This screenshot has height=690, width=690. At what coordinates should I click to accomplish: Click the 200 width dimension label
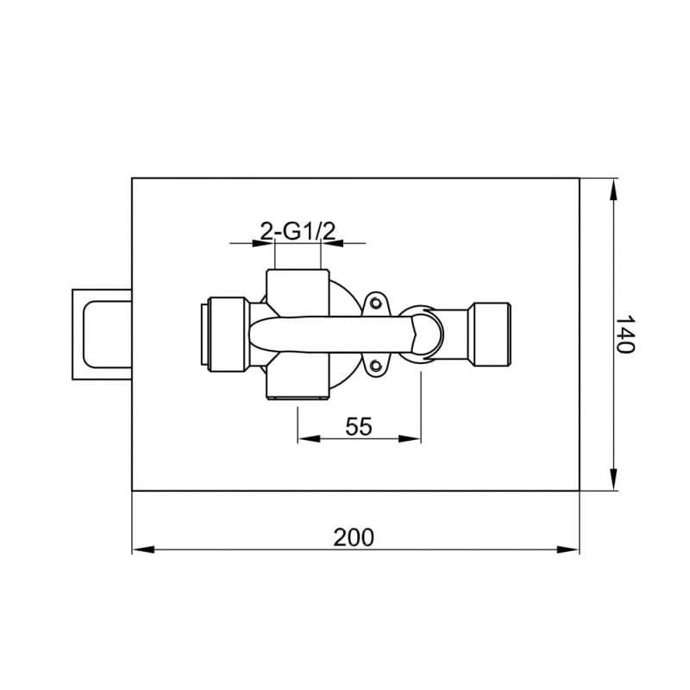354,537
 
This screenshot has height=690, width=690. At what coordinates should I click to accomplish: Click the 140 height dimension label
624,334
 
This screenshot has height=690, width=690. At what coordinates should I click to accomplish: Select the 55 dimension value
359,426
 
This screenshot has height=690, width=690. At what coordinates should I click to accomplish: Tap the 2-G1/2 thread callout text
298,231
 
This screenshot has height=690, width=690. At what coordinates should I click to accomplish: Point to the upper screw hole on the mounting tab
375,303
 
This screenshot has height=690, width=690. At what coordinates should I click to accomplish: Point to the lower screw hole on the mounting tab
375,365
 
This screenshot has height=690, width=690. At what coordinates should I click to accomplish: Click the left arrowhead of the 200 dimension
143,549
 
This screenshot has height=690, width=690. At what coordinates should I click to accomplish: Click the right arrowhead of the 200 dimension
568,549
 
